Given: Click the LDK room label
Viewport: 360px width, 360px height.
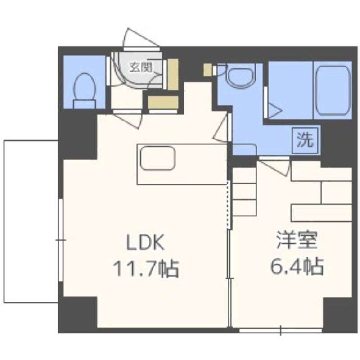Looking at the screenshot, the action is coord(145,242).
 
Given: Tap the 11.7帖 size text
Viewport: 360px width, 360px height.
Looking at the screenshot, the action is coord(146,268).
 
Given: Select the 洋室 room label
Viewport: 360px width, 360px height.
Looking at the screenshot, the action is coord(297,240).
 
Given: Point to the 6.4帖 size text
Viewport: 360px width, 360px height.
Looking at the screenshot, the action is coord(297,266).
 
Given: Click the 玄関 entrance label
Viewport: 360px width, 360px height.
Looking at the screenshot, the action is coord(141,67).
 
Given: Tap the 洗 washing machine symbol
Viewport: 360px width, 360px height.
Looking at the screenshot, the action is coord(305,140).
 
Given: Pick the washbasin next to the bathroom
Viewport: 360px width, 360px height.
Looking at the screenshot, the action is coord(241,75).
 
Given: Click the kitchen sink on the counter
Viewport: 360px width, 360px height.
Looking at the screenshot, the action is coord(158,158).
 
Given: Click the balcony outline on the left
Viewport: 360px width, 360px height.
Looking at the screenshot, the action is coord(4,221).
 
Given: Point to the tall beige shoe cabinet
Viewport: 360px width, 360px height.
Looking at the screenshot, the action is coord(173,75).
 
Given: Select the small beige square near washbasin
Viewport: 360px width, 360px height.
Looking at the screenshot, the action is coord(208,70).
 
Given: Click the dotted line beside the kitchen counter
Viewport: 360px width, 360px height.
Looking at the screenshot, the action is coord(228,205).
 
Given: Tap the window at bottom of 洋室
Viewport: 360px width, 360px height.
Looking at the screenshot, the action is coord(280,330).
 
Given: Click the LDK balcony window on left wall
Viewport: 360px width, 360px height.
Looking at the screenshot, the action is coord(61,240).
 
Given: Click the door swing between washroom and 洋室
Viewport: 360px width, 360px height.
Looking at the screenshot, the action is coord(274,166).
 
